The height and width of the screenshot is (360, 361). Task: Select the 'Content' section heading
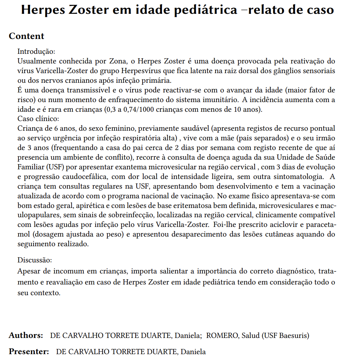click(x=27, y=36)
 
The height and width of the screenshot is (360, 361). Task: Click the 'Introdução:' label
click(x=36, y=52)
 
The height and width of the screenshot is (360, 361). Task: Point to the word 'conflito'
click(x=121, y=158)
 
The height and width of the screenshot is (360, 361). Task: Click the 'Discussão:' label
click(x=35, y=260)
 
